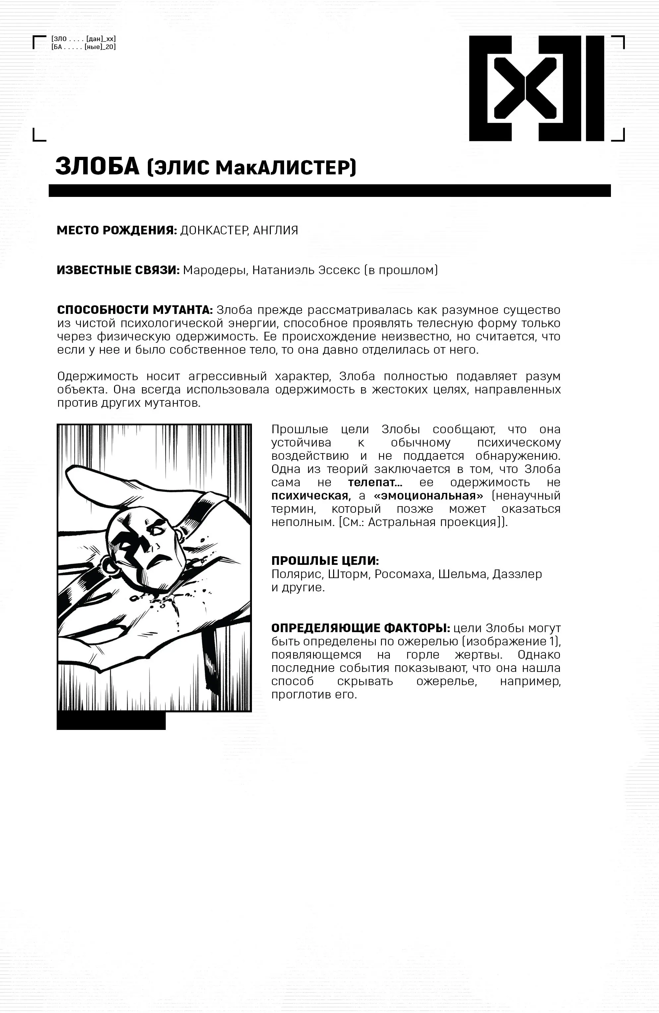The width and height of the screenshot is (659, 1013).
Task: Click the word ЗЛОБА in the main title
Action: pos(97,167)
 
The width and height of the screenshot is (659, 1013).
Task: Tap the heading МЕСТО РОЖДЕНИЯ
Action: pos(117,230)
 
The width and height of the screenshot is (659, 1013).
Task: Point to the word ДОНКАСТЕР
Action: pos(214,230)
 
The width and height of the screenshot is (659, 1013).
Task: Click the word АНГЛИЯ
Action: pos(275,230)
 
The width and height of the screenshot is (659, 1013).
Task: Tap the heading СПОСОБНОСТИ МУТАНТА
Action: pos(135,310)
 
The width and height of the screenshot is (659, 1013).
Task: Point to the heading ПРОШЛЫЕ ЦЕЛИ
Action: pos(325,561)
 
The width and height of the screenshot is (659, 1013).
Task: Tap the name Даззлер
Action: pos(517,574)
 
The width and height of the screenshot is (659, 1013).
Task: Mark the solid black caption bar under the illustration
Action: pos(111,721)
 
